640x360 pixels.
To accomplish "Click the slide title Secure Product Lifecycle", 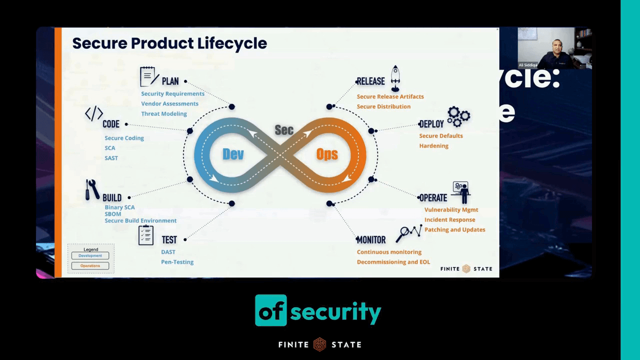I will pos(169,43).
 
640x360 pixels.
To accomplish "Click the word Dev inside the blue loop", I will pos(233,154).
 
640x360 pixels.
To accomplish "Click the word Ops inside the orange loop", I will pos(327,154).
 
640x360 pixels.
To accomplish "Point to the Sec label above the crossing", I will pos(284,130).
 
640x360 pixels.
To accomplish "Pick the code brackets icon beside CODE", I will pos(94,114).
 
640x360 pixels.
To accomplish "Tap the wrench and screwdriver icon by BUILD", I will pos(91,190).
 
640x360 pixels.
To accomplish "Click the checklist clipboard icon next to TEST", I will pos(146,235).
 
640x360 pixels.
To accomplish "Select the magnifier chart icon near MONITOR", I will pos(408,233).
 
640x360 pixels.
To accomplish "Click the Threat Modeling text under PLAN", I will pos(164,114).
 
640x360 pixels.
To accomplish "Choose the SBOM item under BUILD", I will pos(113,214).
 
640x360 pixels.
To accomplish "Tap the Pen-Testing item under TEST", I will pos(177,262).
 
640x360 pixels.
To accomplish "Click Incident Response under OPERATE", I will pos(449,220).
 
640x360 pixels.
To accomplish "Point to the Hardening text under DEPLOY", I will pos(433,146).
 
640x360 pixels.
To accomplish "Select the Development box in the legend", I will pos(90,256).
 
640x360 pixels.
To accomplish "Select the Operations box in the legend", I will pos(90,266).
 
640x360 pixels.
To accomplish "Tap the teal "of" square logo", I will pos(270,310).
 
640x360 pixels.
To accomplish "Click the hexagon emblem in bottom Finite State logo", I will pos(319,344).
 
